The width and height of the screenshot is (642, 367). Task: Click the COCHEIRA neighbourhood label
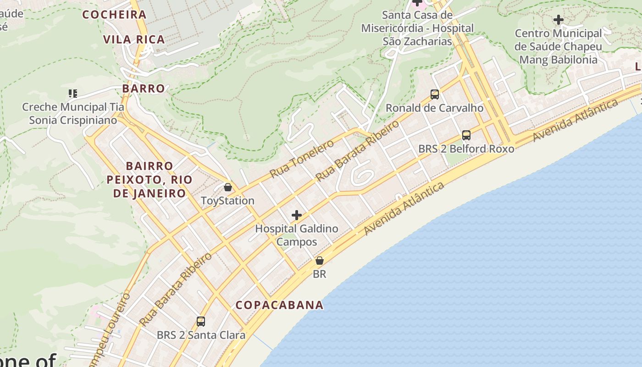click(114, 15)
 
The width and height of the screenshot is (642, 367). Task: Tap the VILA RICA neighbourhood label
click(134, 39)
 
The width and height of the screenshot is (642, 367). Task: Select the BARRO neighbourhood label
click(144, 89)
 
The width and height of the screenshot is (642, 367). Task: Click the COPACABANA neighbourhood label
click(279, 305)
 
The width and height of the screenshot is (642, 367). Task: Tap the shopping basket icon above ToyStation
click(227, 187)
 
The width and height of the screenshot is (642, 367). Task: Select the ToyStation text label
click(227, 201)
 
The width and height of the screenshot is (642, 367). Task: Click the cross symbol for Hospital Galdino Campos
click(297, 215)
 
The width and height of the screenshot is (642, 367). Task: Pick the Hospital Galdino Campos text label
click(297, 235)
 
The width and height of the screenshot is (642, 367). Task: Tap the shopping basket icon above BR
click(320, 261)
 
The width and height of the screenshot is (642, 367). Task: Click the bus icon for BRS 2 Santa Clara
click(201, 321)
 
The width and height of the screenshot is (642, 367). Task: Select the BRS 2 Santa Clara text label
click(201, 335)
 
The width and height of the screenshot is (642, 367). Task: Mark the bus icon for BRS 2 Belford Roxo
click(466, 135)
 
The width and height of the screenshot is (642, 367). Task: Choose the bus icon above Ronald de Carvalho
click(435, 95)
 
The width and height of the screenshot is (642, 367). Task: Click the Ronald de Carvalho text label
click(435, 108)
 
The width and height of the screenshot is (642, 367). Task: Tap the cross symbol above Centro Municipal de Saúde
click(558, 20)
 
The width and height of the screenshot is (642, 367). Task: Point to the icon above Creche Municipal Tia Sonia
click(72, 94)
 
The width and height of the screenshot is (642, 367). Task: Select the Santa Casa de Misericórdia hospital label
click(417, 28)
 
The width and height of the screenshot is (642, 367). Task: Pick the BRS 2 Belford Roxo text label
click(466, 149)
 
